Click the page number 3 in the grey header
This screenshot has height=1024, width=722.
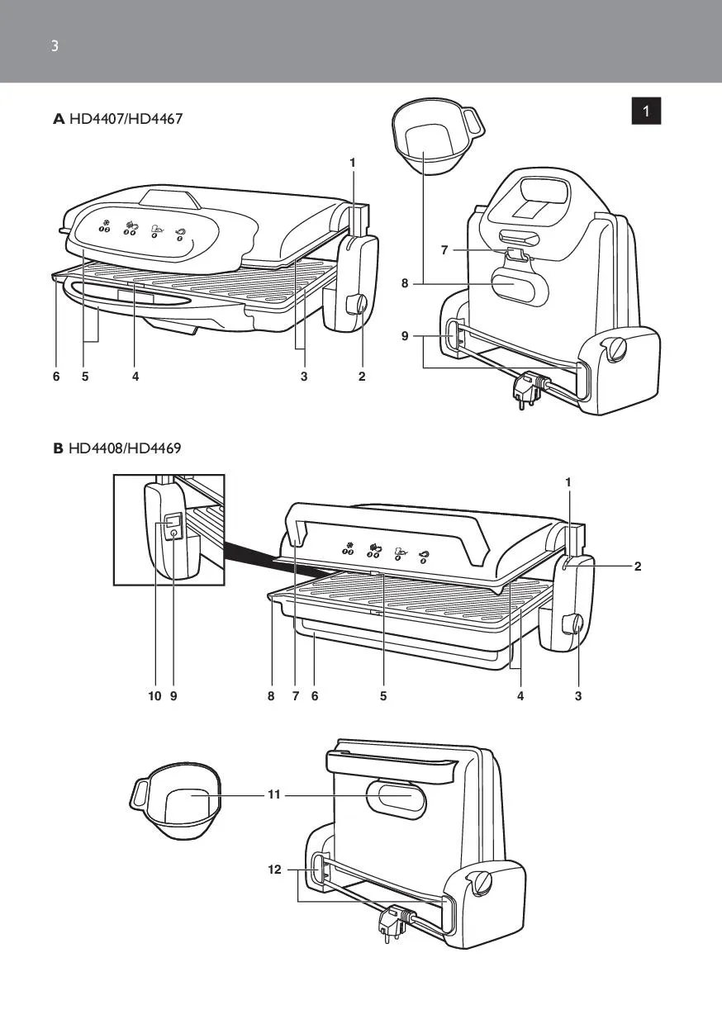pos(55,46)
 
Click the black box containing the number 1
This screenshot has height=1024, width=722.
pos(647,111)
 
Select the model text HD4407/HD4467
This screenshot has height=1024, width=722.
pos(126,119)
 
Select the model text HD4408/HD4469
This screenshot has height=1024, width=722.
pos(125,448)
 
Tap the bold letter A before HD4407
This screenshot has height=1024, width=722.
pos(59,119)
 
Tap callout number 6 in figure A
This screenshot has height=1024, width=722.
pos(56,377)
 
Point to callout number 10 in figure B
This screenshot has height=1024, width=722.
pos(154,696)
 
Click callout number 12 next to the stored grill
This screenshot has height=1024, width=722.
pos(274,870)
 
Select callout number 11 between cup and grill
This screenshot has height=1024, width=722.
pos(274,794)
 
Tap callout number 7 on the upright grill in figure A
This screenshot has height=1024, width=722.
pos(445,250)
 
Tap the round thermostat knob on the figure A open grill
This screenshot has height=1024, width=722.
pos(359,305)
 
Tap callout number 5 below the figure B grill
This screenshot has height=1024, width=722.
pos(383,696)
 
